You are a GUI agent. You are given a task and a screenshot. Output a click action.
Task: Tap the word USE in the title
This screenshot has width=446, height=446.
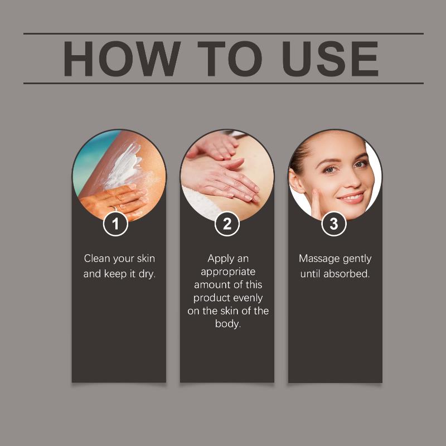tap(330, 59)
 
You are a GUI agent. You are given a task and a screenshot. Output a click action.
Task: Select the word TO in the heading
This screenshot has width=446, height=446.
tap(230, 59)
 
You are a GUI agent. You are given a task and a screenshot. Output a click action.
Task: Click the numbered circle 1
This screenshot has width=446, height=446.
tap(115, 224)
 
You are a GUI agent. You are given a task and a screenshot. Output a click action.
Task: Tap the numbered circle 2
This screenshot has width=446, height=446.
tap(227, 224)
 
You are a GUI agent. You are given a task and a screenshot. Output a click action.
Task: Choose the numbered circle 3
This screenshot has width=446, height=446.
tap(334, 224)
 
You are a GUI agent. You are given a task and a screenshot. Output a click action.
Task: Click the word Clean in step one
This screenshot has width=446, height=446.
tap(97, 259)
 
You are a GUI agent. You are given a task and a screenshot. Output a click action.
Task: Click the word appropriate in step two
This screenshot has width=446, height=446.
tap(228, 272)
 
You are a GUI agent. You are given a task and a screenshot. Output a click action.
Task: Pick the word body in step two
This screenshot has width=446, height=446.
tap(228, 324)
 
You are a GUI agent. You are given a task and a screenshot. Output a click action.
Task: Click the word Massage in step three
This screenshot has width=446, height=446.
tap(319, 259)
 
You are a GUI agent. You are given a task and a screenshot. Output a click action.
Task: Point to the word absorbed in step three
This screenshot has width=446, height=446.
tap(346, 274)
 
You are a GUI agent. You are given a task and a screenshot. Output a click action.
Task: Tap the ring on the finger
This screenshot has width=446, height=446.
tap(114, 209)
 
